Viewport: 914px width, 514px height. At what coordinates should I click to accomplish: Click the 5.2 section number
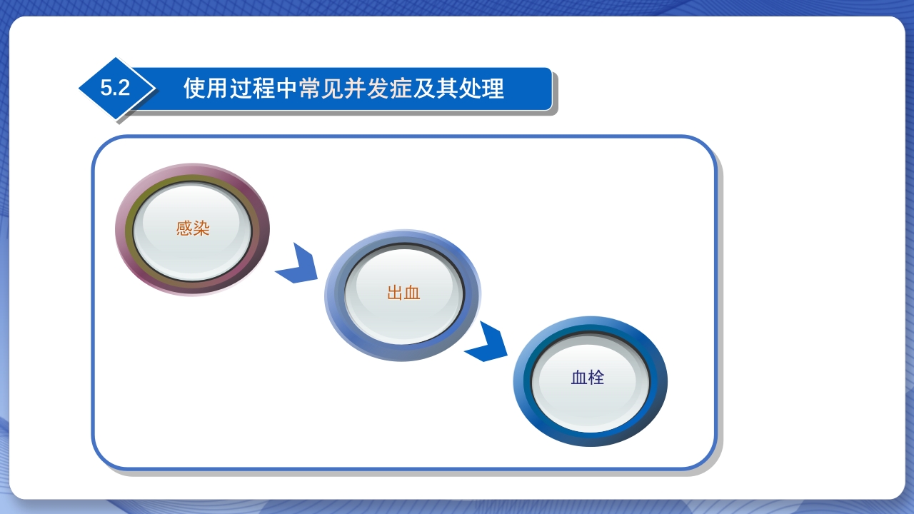pyautogui.click(x=115, y=89)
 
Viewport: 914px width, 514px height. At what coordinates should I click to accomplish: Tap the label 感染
pyautogui.click(x=193, y=229)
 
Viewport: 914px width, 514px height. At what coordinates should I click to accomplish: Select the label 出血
pyautogui.click(x=403, y=293)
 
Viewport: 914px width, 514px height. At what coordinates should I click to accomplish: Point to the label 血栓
pyautogui.click(x=588, y=378)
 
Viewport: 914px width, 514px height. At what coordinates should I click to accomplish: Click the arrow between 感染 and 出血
pyautogui.click(x=297, y=265)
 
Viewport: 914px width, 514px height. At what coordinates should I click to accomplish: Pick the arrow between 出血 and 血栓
pyautogui.click(x=487, y=343)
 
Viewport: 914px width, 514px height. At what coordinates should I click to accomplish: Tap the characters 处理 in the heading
pyautogui.click(x=481, y=89)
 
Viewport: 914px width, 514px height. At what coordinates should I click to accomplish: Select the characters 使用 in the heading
pyautogui.click(x=206, y=89)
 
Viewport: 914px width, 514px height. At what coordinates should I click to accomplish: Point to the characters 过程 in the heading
pyautogui.click(x=252, y=89)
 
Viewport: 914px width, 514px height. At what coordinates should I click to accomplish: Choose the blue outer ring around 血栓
pyautogui.click(x=519, y=382)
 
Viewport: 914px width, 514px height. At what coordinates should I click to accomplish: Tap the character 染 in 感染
pyautogui.click(x=201, y=229)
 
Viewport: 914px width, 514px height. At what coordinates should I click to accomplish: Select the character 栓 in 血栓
pyautogui.click(x=596, y=378)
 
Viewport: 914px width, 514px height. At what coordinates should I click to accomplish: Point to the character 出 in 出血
pyautogui.click(x=395, y=293)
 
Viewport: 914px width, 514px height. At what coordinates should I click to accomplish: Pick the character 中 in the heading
pyautogui.click(x=286, y=89)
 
